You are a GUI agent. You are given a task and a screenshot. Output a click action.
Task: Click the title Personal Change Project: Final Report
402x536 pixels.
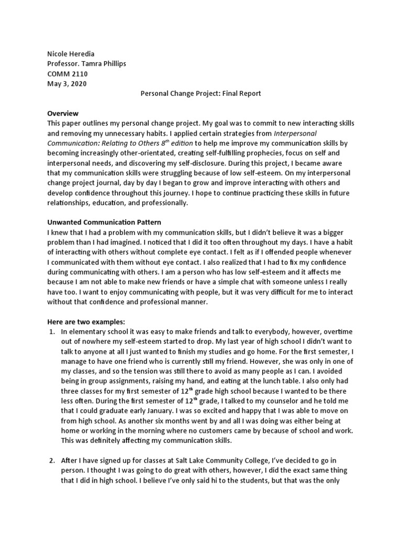200,94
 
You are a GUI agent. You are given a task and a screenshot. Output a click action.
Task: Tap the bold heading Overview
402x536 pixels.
63,114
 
